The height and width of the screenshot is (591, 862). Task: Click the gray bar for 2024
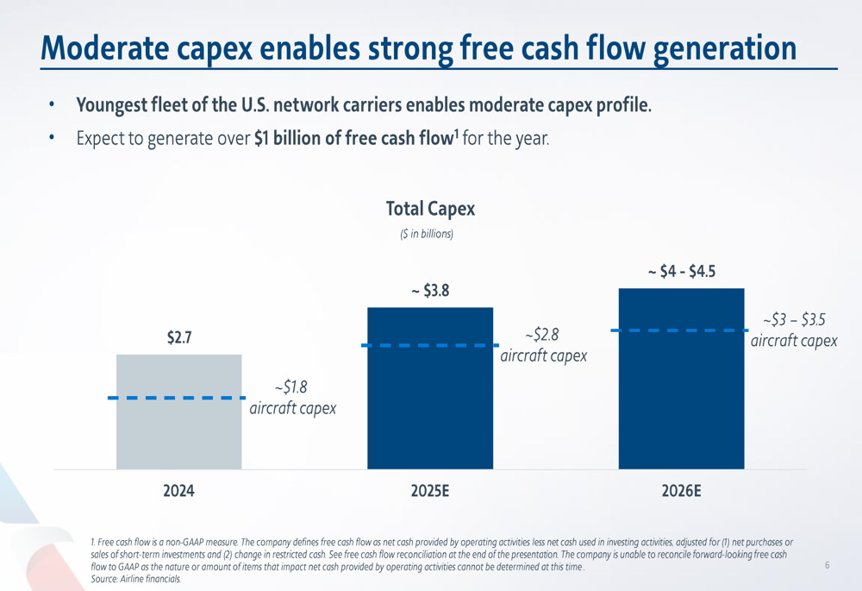point(178,431)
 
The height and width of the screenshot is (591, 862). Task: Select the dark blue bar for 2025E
point(430,406)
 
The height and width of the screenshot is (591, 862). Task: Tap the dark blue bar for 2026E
point(681,397)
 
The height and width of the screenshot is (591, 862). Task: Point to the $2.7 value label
point(178,337)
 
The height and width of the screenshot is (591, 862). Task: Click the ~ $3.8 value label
point(430,292)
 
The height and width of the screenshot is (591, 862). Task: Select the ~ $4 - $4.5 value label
point(681,273)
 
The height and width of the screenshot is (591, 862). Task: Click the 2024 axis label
point(178,492)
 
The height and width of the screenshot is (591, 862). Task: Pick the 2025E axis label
point(430,492)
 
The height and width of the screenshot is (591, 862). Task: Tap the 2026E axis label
point(681,492)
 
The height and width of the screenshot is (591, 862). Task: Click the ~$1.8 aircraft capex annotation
point(292,398)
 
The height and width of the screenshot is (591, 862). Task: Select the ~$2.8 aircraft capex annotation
point(544,344)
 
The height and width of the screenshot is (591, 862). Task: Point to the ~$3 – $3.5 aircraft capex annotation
point(794,330)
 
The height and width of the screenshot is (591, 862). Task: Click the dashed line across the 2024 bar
point(177,398)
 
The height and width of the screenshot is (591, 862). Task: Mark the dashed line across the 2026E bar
point(681,330)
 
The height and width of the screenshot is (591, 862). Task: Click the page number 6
point(827,566)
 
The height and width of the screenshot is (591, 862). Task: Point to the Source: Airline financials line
point(136,579)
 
